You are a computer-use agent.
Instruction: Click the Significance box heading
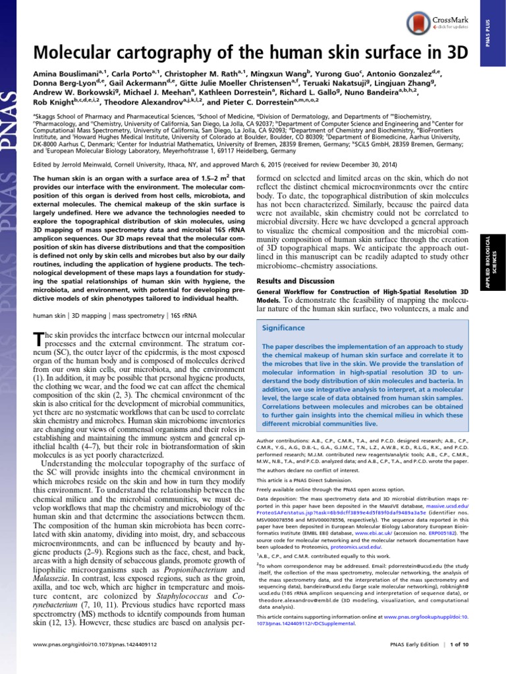tap(283, 328)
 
